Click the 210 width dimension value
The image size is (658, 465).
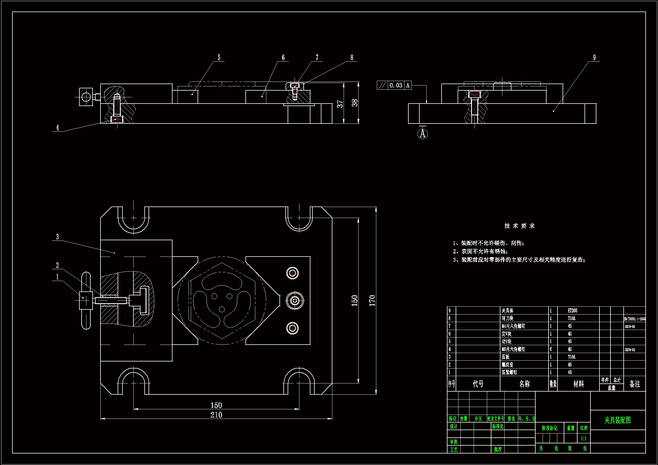pyautogui.click(x=216, y=415)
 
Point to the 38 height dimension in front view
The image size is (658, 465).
pyautogui.click(x=355, y=103)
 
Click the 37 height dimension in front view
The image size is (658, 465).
pyautogui.click(x=340, y=104)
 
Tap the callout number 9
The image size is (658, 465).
pyautogui.click(x=594, y=58)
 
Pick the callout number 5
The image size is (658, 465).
pyautogui.click(x=219, y=58)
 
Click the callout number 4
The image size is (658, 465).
pyautogui.click(x=58, y=127)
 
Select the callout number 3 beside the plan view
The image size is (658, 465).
pyautogui.click(x=57, y=237)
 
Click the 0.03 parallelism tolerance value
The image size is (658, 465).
pyautogui.click(x=396, y=86)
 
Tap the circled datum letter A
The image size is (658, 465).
pyautogui.click(x=422, y=134)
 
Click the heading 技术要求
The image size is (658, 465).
pyautogui.click(x=519, y=226)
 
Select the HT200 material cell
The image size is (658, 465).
pyautogui.click(x=572, y=311)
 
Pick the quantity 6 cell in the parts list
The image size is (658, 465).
pyautogui.click(x=550, y=349)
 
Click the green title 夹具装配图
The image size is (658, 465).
pyautogui.click(x=617, y=420)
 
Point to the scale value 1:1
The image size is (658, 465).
pyautogui.click(x=583, y=438)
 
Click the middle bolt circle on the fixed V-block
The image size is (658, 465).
pyautogui.click(x=295, y=300)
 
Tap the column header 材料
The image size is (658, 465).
pyautogui.click(x=578, y=384)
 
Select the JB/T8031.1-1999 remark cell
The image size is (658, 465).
pyautogui.click(x=634, y=319)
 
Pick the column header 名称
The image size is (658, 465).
pyautogui.click(x=524, y=384)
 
